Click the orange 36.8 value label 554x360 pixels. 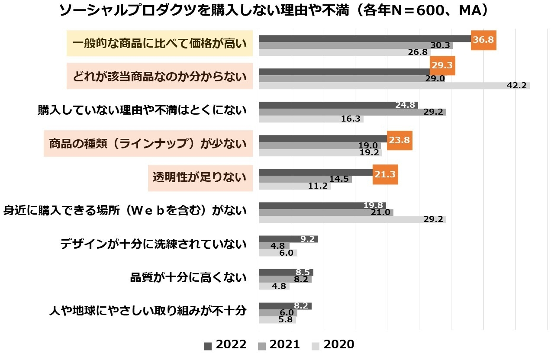(x=483, y=40)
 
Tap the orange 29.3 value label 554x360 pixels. (x=442, y=66)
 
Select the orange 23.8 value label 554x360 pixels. (x=399, y=140)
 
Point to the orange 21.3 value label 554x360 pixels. (x=385, y=174)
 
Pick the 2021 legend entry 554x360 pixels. (x=279, y=344)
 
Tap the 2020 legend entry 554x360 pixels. (x=332, y=344)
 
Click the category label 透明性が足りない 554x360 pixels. (x=200, y=177)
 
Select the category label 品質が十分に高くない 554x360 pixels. (x=188, y=277)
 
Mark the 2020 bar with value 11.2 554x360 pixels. (x=294, y=186)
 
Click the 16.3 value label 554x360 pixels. (x=351, y=119)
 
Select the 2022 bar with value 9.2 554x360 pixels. (x=288, y=239)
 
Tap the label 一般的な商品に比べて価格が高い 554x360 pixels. (x=159, y=43)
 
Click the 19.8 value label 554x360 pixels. (x=373, y=206)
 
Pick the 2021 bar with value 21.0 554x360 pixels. (x=325, y=212)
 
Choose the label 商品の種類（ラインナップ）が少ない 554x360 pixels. (x=148, y=144)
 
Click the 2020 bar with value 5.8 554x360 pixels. (x=277, y=320)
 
